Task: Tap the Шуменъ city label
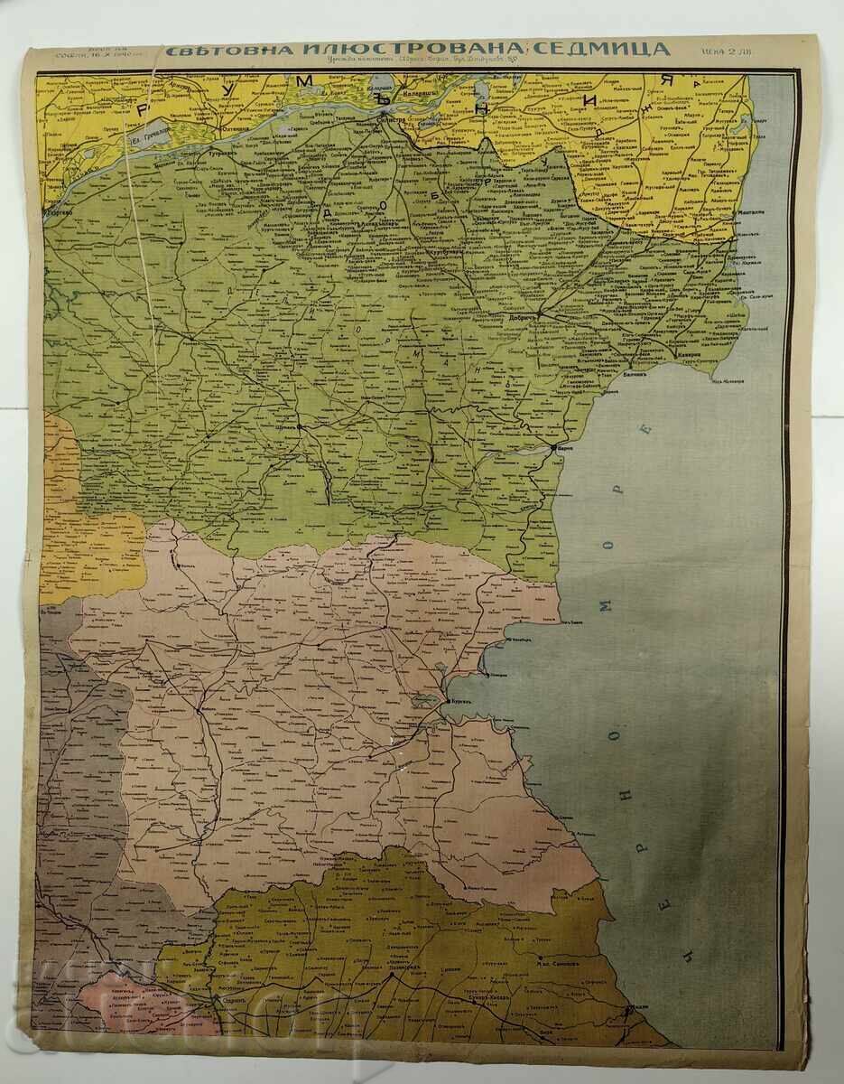(287, 430)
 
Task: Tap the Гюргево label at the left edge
(56, 206)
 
